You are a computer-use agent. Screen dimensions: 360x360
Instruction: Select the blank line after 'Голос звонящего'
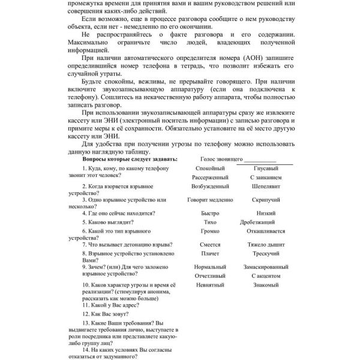(260, 161)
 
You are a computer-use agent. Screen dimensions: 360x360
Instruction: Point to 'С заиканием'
(266, 178)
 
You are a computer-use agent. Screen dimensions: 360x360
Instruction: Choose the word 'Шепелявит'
(266, 187)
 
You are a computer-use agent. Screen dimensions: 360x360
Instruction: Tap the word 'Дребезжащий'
(266, 222)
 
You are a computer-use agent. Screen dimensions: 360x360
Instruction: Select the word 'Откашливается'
(266, 231)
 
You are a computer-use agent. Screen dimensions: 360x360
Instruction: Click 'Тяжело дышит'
(266, 245)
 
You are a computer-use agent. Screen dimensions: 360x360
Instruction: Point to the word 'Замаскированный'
(266, 266)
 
